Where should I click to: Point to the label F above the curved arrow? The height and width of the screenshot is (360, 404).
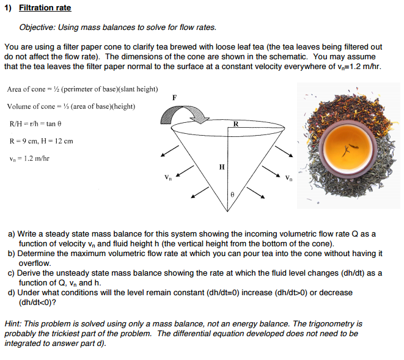point(175,97)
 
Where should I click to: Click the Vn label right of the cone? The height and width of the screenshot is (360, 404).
point(288,178)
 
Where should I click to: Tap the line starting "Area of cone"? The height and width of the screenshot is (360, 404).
point(82,89)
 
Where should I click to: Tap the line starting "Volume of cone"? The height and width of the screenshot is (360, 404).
point(71,106)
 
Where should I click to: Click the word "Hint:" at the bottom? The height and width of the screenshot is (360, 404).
point(14,323)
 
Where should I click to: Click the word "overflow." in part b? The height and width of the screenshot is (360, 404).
point(35,263)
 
